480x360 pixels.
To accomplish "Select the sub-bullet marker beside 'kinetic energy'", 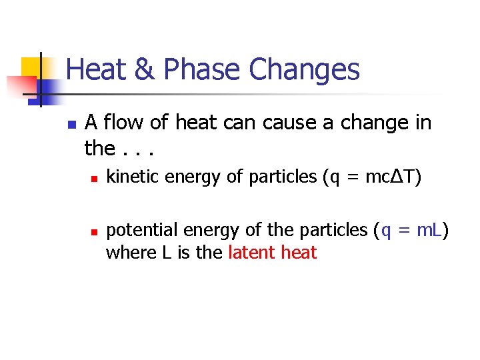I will pos(95,179).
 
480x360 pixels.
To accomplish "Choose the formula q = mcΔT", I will pos(371,177).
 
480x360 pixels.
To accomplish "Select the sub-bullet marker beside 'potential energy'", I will pos(95,232).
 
